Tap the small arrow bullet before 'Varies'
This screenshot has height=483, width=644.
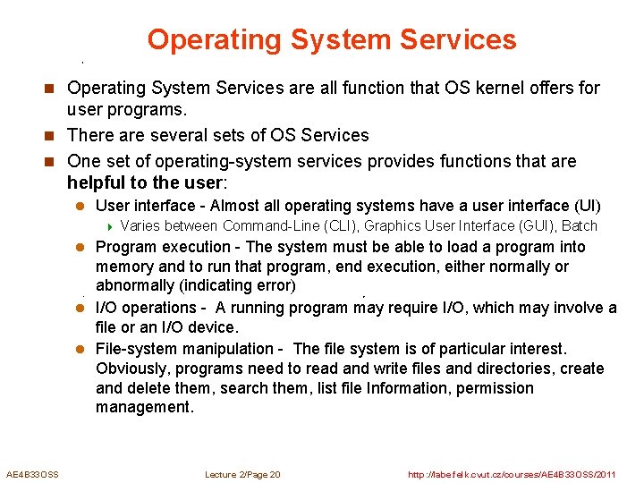pos(110,226)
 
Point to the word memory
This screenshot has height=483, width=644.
pos(125,267)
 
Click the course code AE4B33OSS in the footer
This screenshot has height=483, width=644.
pos(32,474)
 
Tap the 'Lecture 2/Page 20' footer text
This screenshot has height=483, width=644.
pos(242,474)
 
